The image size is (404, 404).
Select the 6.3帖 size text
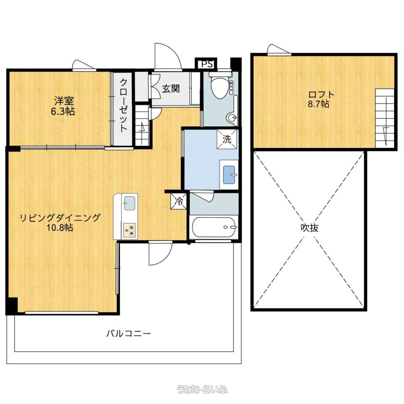click(x=63, y=111)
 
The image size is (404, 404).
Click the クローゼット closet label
click(x=124, y=105)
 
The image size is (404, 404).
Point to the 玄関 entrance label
click(x=171, y=89)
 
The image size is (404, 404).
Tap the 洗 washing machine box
click(x=227, y=139)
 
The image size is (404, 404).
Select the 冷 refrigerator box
click(x=178, y=201)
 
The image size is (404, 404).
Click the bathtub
click(x=214, y=227)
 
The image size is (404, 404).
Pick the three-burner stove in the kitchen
click(x=130, y=230)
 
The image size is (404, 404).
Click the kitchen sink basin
click(x=129, y=203)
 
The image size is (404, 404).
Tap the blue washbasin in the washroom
click(x=229, y=175)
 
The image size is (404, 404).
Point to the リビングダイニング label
click(x=60, y=218)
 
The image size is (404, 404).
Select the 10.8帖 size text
click(x=60, y=228)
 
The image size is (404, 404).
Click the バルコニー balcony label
click(x=129, y=334)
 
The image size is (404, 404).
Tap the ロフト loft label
click(x=322, y=94)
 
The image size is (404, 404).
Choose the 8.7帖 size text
click(x=319, y=104)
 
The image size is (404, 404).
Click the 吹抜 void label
click(x=310, y=228)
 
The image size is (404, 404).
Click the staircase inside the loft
click(x=385, y=118)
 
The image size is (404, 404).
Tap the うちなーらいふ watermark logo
click(x=202, y=389)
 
